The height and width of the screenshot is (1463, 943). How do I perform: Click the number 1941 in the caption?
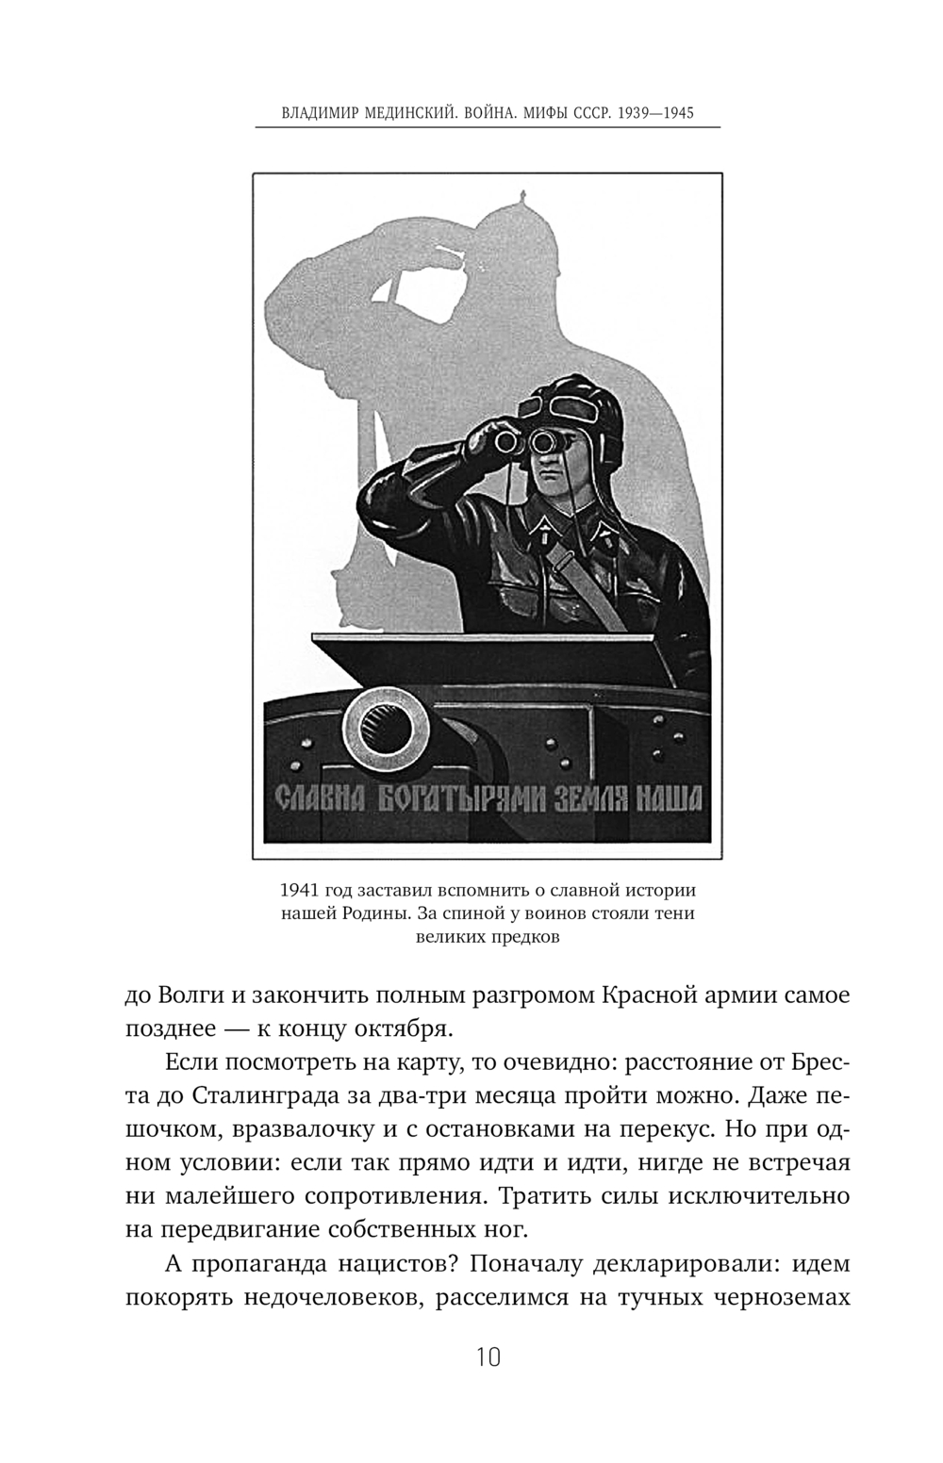(301, 890)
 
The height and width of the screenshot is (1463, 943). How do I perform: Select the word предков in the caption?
(522, 937)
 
